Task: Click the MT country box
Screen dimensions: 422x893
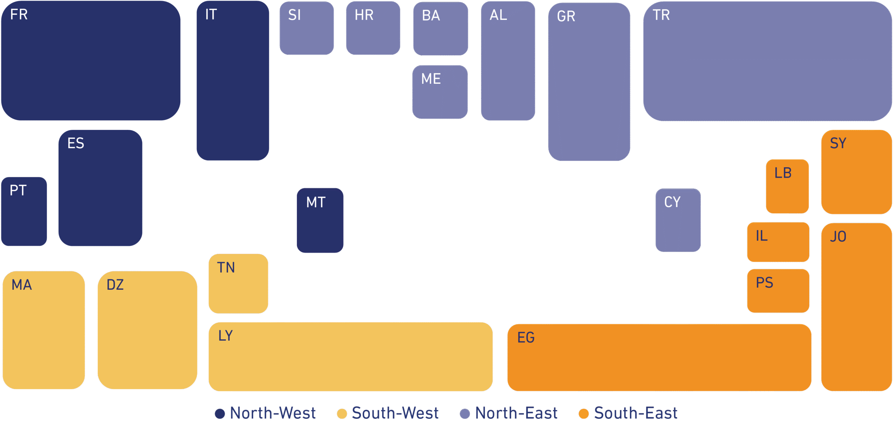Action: pos(320,220)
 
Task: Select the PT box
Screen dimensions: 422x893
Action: pos(24,212)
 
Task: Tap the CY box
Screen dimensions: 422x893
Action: pos(678,220)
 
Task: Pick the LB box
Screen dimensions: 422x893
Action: pos(787,186)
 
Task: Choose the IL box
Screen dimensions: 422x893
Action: pos(778,242)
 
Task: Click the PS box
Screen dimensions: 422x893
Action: pos(778,291)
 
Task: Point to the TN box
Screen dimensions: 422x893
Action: pos(238,283)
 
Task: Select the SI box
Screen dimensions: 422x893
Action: pos(307,28)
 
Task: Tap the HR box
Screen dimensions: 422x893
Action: pos(373,28)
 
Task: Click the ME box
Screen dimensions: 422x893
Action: pos(440,92)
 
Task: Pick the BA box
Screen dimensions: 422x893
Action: pos(441,29)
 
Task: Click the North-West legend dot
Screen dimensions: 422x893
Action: pos(220,414)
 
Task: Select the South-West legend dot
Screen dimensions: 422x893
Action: pos(342,414)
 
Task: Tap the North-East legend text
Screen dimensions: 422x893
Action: pos(516,413)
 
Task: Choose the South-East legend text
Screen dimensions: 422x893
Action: pos(636,413)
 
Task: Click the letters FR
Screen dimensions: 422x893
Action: pos(19,15)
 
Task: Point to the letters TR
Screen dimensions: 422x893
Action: pos(661,15)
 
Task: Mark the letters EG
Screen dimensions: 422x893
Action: pos(526,338)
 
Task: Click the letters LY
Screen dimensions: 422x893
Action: pos(226,336)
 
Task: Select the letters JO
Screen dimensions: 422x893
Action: pos(838,237)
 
